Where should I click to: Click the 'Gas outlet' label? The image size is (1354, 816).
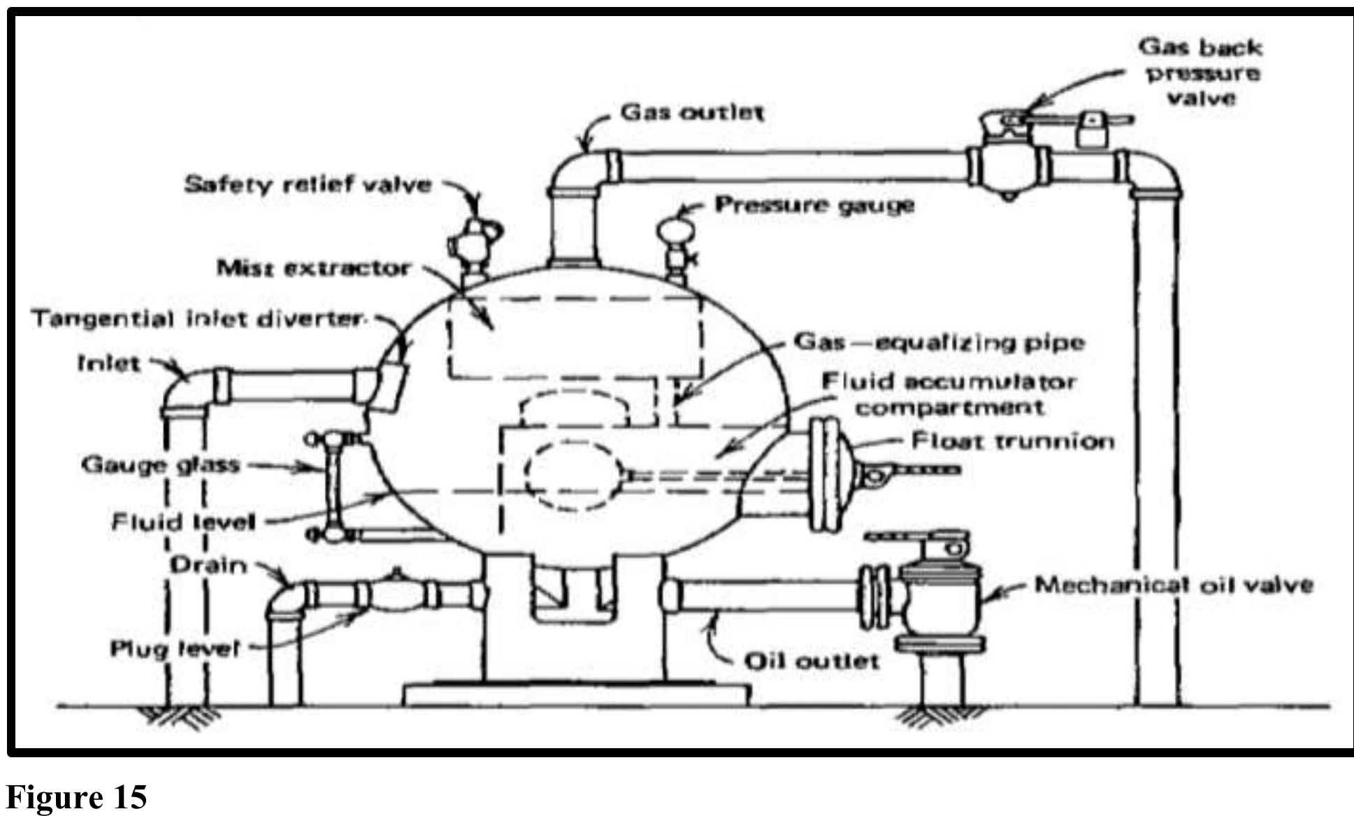[692, 112]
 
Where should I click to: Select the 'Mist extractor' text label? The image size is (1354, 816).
[312, 268]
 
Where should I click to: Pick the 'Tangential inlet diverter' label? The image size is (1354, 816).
[198, 319]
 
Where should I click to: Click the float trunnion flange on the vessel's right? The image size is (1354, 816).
[825, 475]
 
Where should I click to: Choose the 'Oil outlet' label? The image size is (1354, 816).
[811, 661]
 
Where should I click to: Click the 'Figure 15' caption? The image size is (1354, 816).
[77, 796]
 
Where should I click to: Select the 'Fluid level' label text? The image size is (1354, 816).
[184, 522]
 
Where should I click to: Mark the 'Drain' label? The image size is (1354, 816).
[208, 565]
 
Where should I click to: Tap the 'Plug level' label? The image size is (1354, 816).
[175, 649]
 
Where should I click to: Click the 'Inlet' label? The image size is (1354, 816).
[109, 364]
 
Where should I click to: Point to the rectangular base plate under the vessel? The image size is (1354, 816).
[577, 694]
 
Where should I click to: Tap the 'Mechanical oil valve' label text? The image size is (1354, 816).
[1173, 585]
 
